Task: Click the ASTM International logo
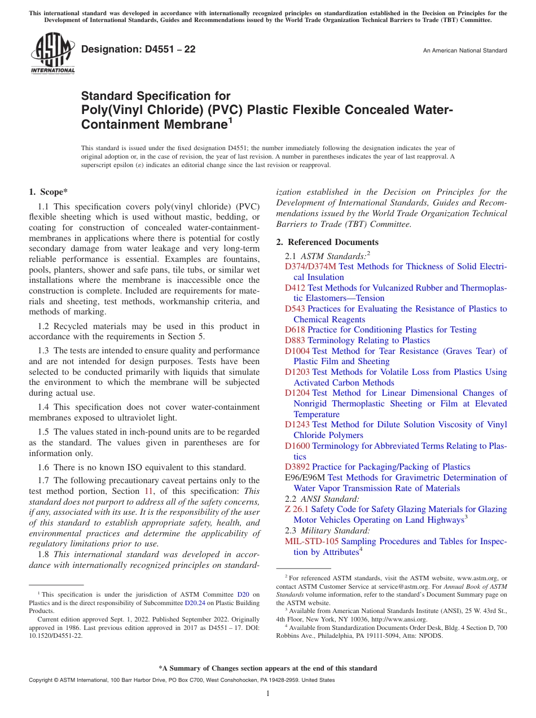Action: pos(52,53)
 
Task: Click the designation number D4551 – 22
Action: pos(138,49)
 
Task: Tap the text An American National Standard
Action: pos(464,51)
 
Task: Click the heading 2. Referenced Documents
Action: pos(327,242)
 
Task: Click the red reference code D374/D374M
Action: pos(310,266)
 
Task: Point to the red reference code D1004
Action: pos(297,351)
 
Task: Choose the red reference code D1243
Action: pos(297,424)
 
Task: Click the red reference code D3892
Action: pos(297,467)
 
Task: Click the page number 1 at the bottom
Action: pos(268,694)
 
